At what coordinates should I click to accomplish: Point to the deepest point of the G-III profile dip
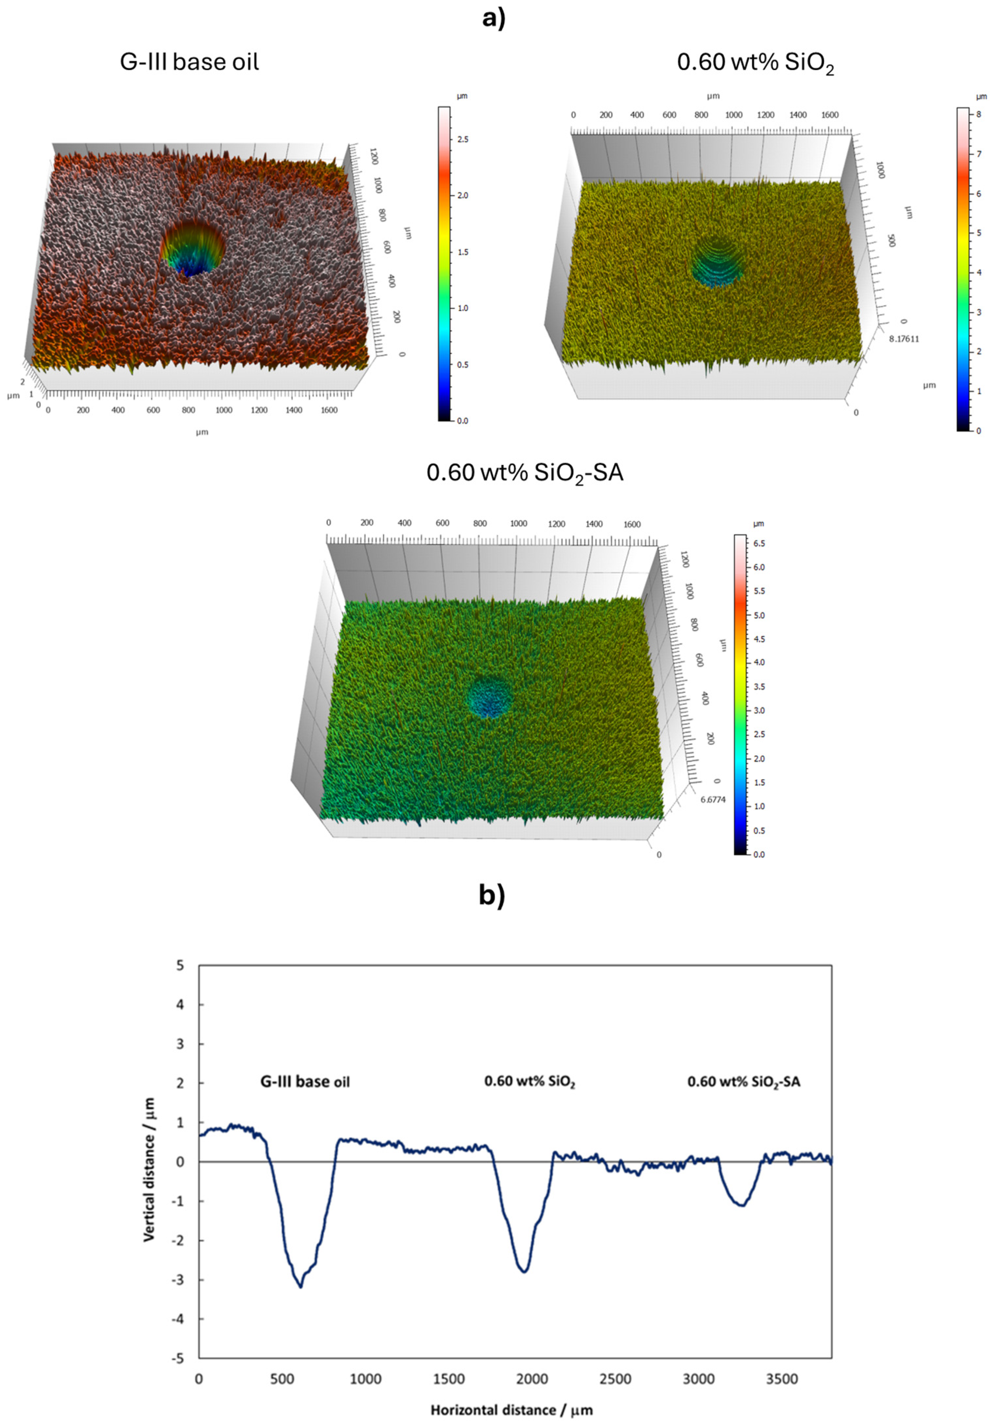click(x=301, y=1287)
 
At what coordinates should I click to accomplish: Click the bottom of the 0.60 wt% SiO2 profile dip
click(x=525, y=1272)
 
